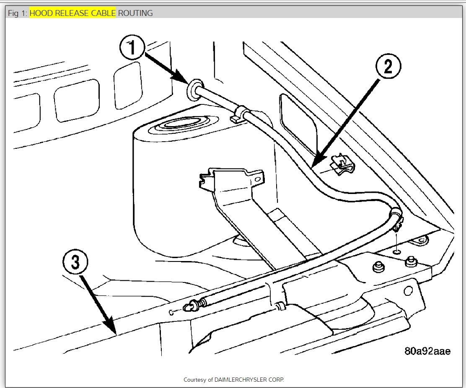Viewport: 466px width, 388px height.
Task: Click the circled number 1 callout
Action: click(x=132, y=48)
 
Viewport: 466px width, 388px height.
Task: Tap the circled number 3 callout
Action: click(x=75, y=263)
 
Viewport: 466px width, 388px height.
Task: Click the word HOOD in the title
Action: click(x=41, y=13)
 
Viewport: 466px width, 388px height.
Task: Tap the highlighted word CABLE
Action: click(x=102, y=13)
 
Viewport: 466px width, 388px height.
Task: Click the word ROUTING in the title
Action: click(x=135, y=13)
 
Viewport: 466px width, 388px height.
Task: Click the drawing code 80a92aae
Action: click(x=427, y=351)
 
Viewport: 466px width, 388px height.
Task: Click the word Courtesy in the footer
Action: click(x=195, y=380)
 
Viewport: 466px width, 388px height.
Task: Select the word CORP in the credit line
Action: click(x=277, y=380)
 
